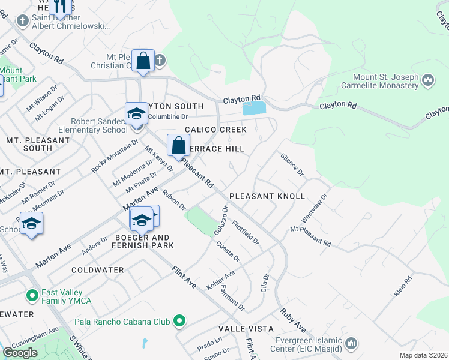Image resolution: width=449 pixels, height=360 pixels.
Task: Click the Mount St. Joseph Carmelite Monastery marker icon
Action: pyautogui.click(x=428, y=80)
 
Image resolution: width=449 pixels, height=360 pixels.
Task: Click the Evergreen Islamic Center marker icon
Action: pyautogui.click(x=351, y=343)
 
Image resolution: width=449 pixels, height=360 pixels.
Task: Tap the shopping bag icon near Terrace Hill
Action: pyautogui.click(x=179, y=145)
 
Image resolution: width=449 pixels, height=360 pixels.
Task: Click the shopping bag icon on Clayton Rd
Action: pyautogui.click(x=143, y=61)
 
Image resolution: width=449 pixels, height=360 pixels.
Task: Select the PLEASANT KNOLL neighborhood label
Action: pyautogui.click(x=267, y=197)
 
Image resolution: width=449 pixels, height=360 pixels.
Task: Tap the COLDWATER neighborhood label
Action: pyautogui.click(x=98, y=271)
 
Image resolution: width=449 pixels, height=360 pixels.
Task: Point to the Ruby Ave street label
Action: pyautogui.click(x=293, y=321)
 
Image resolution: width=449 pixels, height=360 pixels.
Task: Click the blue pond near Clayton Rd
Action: pyautogui.click(x=254, y=109)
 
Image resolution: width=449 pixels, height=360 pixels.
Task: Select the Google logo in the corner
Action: pyautogui.click(x=20, y=353)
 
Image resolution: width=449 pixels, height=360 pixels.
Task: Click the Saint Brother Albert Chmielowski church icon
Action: pyautogui.click(x=23, y=22)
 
